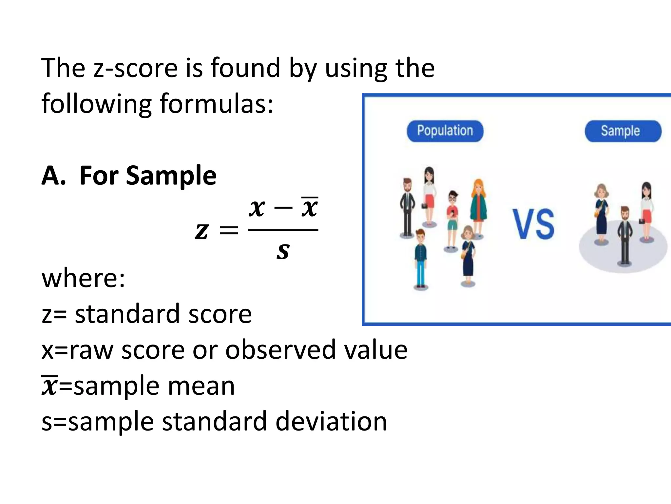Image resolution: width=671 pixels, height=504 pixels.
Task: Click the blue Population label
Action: (445, 131)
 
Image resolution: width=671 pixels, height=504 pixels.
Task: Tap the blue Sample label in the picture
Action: (623, 131)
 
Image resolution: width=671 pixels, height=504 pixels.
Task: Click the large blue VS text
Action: (534, 224)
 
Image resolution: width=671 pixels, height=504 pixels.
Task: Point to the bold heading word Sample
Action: (171, 176)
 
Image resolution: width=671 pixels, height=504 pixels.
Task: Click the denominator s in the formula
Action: (283, 251)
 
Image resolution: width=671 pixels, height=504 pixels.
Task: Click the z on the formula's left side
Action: (201, 231)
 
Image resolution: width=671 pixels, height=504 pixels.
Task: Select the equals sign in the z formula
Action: (229, 231)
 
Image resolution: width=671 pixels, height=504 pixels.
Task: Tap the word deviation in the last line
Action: (331, 422)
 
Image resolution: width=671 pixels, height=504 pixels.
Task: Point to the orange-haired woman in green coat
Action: (478, 207)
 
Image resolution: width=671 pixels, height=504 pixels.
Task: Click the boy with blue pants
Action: (420, 259)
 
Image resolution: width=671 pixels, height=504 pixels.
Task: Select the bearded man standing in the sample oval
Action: (625, 235)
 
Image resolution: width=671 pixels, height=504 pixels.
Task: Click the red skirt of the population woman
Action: (430, 201)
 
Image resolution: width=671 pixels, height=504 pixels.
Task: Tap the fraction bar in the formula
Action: (283, 230)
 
